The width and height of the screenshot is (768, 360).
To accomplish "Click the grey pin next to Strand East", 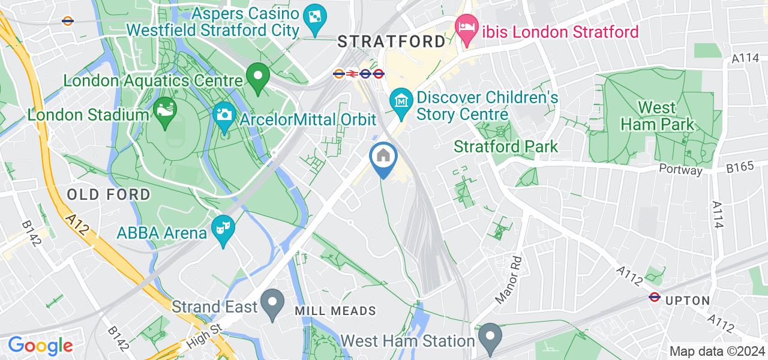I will coord(274,304).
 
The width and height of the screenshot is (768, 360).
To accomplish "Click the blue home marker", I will coord(383,158).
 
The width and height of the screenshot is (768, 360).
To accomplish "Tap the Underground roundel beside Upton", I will coord(655,297).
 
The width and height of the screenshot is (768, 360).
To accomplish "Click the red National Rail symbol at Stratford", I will coord(352,74).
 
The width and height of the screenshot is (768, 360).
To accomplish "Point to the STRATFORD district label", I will coord(391,41).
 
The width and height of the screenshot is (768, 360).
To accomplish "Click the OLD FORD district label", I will coord(109,194).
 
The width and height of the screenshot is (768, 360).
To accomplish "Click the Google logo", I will coord(40,346).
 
